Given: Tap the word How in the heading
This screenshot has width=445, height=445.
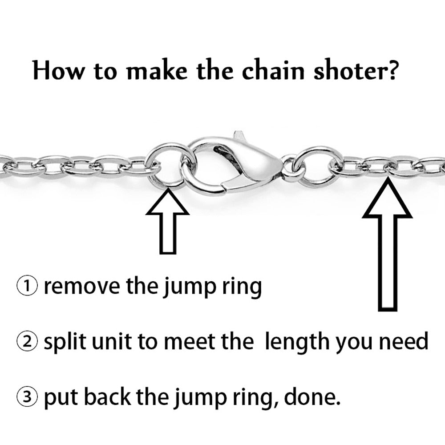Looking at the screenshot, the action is [x=58, y=70].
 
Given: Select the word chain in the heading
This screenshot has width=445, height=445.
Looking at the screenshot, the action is [x=273, y=70].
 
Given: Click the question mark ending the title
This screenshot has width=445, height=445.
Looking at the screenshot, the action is [x=388, y=70].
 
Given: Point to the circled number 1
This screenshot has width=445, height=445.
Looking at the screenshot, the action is [x=27, y=286].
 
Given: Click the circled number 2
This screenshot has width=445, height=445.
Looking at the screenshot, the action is [x=27, y=341].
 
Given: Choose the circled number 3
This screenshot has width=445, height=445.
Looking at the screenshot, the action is [x=27, y=397].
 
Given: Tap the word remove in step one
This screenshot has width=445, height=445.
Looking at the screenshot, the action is [x=82, y=287].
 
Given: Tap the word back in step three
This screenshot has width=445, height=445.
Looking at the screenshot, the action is [x=108, y=397].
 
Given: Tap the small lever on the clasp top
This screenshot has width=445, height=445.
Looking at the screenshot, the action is [x=239, y=136].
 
